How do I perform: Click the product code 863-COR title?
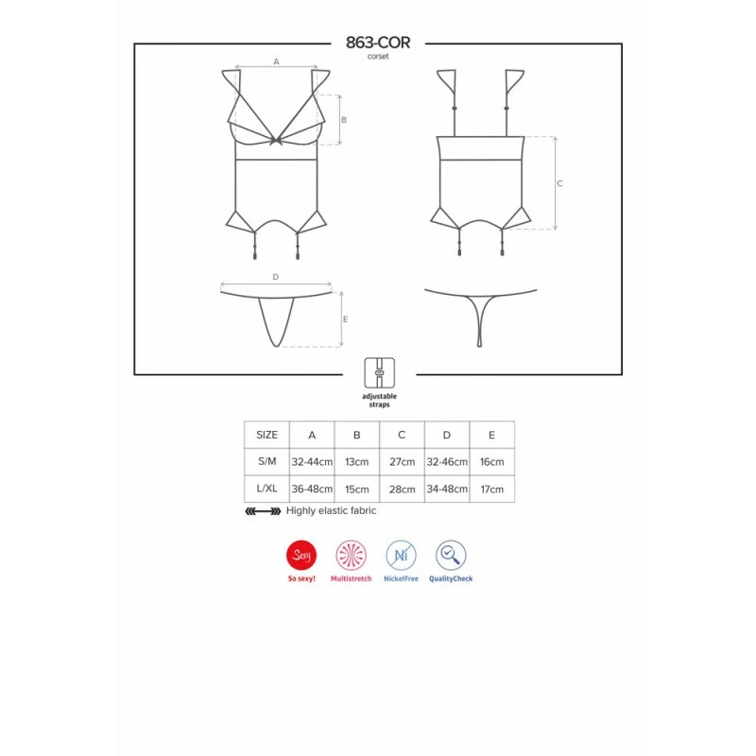tap(378, 43)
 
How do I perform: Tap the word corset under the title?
tap(378, 57)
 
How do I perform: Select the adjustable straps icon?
tap(380, 372)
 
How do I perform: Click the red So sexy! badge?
tap(301, 555)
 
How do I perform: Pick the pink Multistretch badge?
tap(351, 555)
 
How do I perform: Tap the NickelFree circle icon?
tap(401, 555)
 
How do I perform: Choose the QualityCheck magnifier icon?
tap(451, 555)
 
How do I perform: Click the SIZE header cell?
tap(266, 435)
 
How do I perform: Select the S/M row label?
tap(266, 461)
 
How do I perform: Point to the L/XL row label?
tap(266, 489)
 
